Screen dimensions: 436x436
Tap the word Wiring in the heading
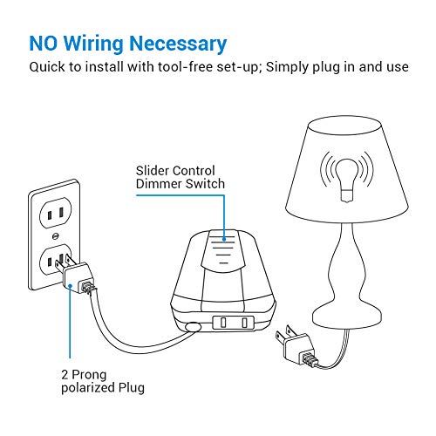tap(103, 44)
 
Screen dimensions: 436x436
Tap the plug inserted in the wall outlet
tap(73, 275)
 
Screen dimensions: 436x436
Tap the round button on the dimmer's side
tap(193, 328)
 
